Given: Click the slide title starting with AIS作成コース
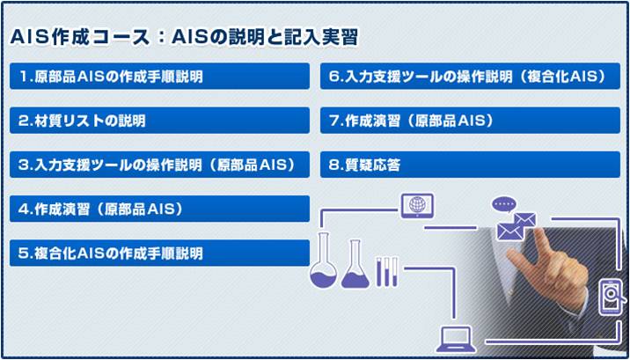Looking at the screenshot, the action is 184,39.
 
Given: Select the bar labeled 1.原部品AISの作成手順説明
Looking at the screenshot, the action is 159,76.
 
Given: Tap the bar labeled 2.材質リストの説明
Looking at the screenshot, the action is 159,120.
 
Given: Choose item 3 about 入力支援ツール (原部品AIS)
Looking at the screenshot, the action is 159,165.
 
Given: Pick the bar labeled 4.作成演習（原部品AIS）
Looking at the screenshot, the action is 159,209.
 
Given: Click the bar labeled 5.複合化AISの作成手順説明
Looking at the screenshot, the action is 159,253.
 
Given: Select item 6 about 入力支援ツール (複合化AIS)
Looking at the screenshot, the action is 470,76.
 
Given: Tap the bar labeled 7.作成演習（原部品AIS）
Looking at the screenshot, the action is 470,120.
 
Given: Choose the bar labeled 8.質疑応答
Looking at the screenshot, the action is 470,165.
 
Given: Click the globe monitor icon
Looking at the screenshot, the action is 417,206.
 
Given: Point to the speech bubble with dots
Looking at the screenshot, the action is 503,204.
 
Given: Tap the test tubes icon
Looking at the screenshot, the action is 387,272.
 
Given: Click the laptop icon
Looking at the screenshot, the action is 456,340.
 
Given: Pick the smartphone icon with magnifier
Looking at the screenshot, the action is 612,298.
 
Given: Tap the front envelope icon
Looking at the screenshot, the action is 510,231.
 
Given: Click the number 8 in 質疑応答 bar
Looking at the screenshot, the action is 332,165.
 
